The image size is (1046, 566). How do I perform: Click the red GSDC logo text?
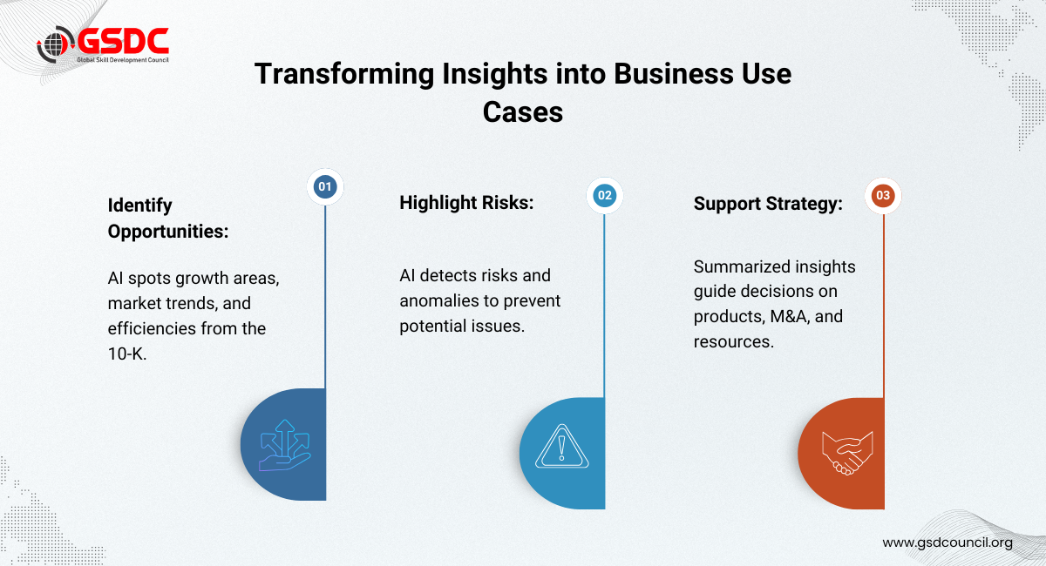tap(123, 41)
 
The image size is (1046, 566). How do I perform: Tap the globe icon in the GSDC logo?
tap(56, 44)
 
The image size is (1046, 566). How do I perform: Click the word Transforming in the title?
tap(344, 75)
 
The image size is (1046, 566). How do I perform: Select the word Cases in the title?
tap(523, 112)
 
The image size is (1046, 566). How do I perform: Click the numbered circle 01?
tap(325, 186)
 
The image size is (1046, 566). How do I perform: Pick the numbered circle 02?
tap(605, 196)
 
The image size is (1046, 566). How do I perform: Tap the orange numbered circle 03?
tap(883, 196)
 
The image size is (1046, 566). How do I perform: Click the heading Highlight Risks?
tap(466, 203)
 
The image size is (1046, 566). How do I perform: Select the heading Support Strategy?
tap(768, 204)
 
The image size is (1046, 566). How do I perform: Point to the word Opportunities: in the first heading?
tap(168, 232)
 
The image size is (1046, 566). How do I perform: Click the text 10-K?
tap(127, 354)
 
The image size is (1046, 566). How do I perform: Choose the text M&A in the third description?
tap(789, 316)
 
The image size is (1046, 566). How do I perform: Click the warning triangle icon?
tap(561, 447)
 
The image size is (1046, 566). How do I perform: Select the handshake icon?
tap(847, 453)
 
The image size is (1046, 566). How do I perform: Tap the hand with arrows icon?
tap(284, 445)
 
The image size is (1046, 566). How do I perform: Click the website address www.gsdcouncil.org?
tap(948, 542)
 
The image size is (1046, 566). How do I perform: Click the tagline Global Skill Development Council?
tap(123, 60)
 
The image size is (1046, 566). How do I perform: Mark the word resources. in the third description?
tap(734, 342)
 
